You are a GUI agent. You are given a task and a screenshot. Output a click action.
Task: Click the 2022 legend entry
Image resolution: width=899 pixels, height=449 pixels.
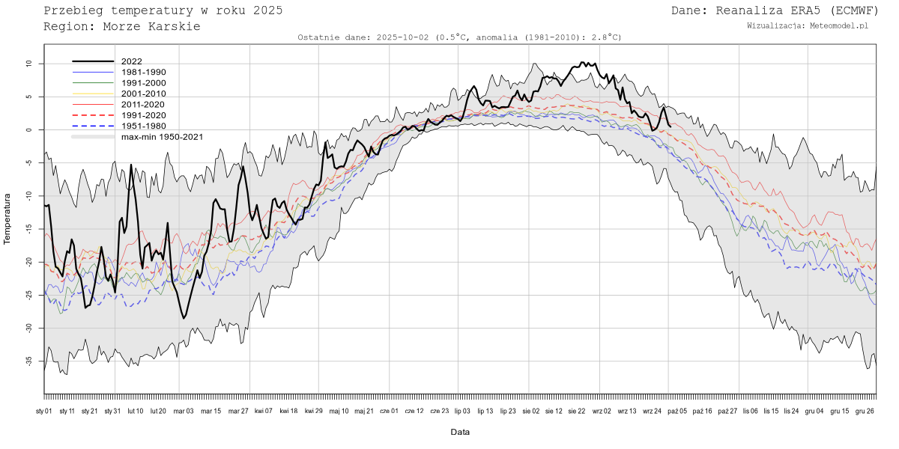tap(131, 61)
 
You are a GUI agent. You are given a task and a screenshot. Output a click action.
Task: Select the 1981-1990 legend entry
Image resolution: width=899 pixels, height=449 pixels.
tap(143, 72)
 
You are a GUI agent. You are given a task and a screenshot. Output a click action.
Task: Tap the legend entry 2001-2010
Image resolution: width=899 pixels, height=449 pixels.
tap(143, 94)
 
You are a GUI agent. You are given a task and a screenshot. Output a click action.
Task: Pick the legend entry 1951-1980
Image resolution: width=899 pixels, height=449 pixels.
tap(143, 126)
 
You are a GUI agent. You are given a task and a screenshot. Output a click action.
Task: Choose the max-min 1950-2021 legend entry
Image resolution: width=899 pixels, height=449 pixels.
tap(162, 137)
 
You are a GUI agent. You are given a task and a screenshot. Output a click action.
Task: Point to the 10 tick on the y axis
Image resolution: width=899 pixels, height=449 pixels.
tap(29, 64)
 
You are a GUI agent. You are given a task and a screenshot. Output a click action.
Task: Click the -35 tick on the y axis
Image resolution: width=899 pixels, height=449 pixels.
tap(29, 361)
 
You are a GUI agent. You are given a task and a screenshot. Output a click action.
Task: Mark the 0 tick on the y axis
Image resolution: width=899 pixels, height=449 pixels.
tap(29, 130)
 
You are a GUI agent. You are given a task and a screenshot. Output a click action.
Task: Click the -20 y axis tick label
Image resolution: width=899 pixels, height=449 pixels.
tap(29, 262)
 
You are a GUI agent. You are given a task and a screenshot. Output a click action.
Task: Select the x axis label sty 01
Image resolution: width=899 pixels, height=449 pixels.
tap(44, 411)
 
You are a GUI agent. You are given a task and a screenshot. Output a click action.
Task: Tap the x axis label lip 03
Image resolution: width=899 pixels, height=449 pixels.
tap(462, 411)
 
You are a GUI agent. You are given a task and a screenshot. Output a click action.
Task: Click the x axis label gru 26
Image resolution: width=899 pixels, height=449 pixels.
tap(866, 411)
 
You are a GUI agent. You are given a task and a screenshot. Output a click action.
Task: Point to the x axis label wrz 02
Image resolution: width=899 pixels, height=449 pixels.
tap(602, 411)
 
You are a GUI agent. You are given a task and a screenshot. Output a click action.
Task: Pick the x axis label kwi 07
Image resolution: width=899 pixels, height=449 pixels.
tap(263, 411)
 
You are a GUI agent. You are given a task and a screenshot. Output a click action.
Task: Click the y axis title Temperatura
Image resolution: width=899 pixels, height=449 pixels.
tap(8, 219)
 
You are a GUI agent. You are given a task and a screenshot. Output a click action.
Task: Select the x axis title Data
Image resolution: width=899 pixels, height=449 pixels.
tap(460, 432)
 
